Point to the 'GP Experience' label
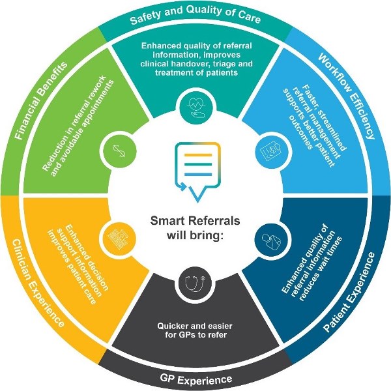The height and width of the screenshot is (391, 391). [x=196, y=378]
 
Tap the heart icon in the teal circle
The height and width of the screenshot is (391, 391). [x=196, y=105]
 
